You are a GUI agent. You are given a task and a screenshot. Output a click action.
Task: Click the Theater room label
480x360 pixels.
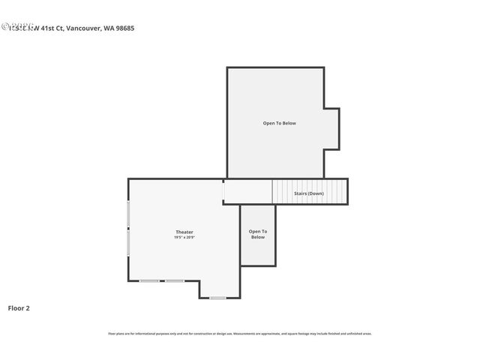click(184, 232)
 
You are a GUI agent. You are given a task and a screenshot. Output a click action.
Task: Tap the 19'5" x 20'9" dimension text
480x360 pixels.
click(184, 238)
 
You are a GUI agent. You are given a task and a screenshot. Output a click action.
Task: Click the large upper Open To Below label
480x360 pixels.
click(279, 123)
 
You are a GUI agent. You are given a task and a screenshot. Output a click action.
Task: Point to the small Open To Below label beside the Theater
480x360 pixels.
click(257, 234)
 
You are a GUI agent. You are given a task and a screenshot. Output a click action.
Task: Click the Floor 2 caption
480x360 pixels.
click(19, 307)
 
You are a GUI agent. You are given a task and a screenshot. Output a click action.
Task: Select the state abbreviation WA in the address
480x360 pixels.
click(106, 28)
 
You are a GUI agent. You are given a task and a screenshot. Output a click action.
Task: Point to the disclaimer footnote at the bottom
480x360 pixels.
click(239, 334)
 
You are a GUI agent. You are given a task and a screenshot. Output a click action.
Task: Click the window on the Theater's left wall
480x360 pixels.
click(128, 228)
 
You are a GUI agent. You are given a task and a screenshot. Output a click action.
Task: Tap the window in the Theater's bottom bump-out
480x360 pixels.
click(217, 298)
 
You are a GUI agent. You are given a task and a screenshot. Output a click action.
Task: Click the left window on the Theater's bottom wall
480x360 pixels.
click(149, 281)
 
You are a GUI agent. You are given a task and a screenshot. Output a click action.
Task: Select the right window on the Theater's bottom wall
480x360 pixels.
click(175, 281)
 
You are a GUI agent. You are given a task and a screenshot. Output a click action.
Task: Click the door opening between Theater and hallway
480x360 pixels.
click(223, 192)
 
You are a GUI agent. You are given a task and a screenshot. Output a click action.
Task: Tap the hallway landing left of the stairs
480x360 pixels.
click(247, 192)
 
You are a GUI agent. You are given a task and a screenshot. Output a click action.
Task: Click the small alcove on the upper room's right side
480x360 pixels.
click(331, 129)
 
